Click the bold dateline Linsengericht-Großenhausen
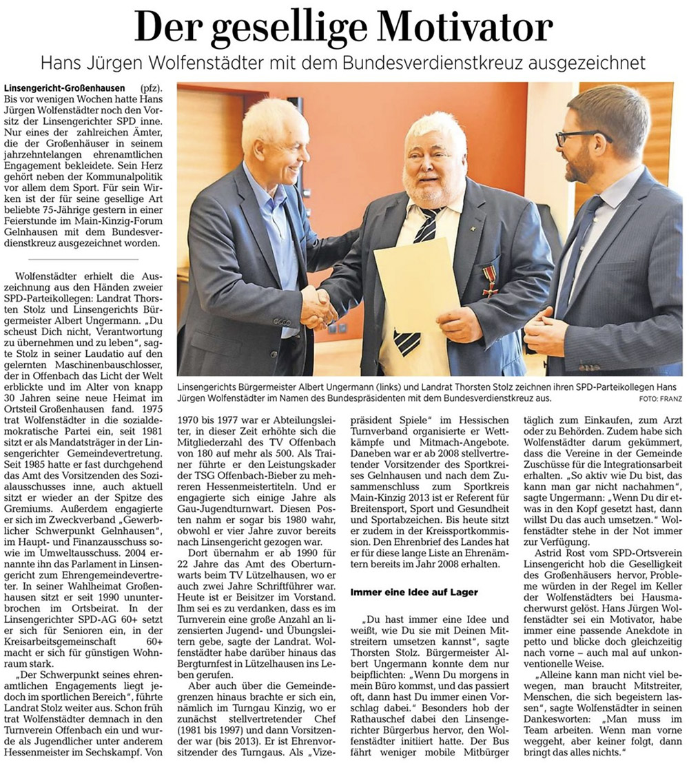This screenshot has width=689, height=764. tap(65, 89)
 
